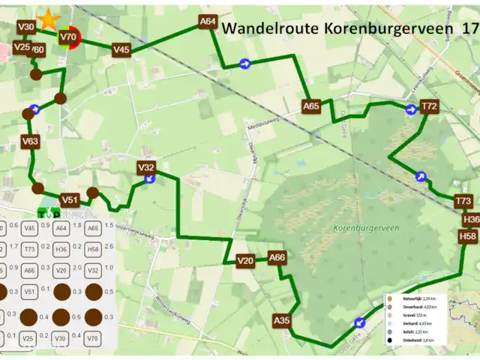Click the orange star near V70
click(x=49, y=18)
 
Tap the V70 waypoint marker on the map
click(x=68, y=37)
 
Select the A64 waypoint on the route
click(x=208, y=22)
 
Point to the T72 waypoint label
click(x=429, y=106)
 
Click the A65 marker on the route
click(x=311, y=106)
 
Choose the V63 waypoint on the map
click(x=30, y=141)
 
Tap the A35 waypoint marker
click(x=282, y=321)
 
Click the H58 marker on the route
click(x=468, y=236)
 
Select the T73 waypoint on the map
click(x=463, y=201)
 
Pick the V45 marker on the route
click(x=121, y=49)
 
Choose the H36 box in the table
click(x=61, y=249)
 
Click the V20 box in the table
click(x=61, y=270)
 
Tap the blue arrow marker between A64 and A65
click(x=245, y=64)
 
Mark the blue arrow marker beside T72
click(x=411, y=110)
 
